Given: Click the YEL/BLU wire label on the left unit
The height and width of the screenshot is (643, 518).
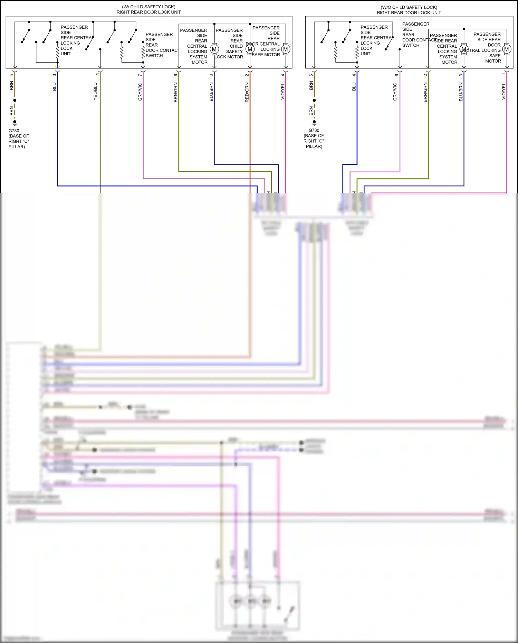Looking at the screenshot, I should click(95, 92).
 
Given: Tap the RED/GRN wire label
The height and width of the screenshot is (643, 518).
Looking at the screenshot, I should click(247, 92).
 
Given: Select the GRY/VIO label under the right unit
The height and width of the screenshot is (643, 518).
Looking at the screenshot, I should click(395, 92).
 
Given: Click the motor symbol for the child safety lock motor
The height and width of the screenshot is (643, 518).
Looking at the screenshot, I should click(250, 49).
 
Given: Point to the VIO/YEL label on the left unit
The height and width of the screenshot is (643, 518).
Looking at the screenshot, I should click(283, 92).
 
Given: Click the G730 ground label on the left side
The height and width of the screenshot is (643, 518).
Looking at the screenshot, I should click(14, 131).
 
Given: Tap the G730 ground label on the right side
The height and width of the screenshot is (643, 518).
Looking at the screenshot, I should click(314, 130).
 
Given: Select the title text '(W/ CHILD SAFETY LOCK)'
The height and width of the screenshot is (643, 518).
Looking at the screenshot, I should click(148, 7).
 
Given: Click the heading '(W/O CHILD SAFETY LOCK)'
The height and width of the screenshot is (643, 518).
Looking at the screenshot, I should click(409, 7).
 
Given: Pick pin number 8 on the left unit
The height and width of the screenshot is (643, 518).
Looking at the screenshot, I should click(211, 75).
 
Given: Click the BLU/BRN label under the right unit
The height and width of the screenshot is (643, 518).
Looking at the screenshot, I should click(461, 92).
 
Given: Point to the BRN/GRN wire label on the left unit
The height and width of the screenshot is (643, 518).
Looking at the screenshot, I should click(176, 92).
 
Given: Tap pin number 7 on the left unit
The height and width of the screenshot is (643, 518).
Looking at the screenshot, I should click(140, 75).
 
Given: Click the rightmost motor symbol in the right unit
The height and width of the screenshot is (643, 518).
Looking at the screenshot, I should click(507, 49).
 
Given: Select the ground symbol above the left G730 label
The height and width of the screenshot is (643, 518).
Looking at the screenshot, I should click(15, 122).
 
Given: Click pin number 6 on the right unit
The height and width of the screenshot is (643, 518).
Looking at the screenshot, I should click(397, 75).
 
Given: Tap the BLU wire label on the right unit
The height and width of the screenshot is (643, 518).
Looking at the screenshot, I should click(354, 87).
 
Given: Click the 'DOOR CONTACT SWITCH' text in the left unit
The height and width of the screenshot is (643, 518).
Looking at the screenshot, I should click(162, 50).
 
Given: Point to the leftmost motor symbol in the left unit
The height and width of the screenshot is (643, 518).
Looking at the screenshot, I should click(214, 49).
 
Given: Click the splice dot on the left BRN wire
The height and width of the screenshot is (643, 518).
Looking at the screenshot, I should click(15, 100).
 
